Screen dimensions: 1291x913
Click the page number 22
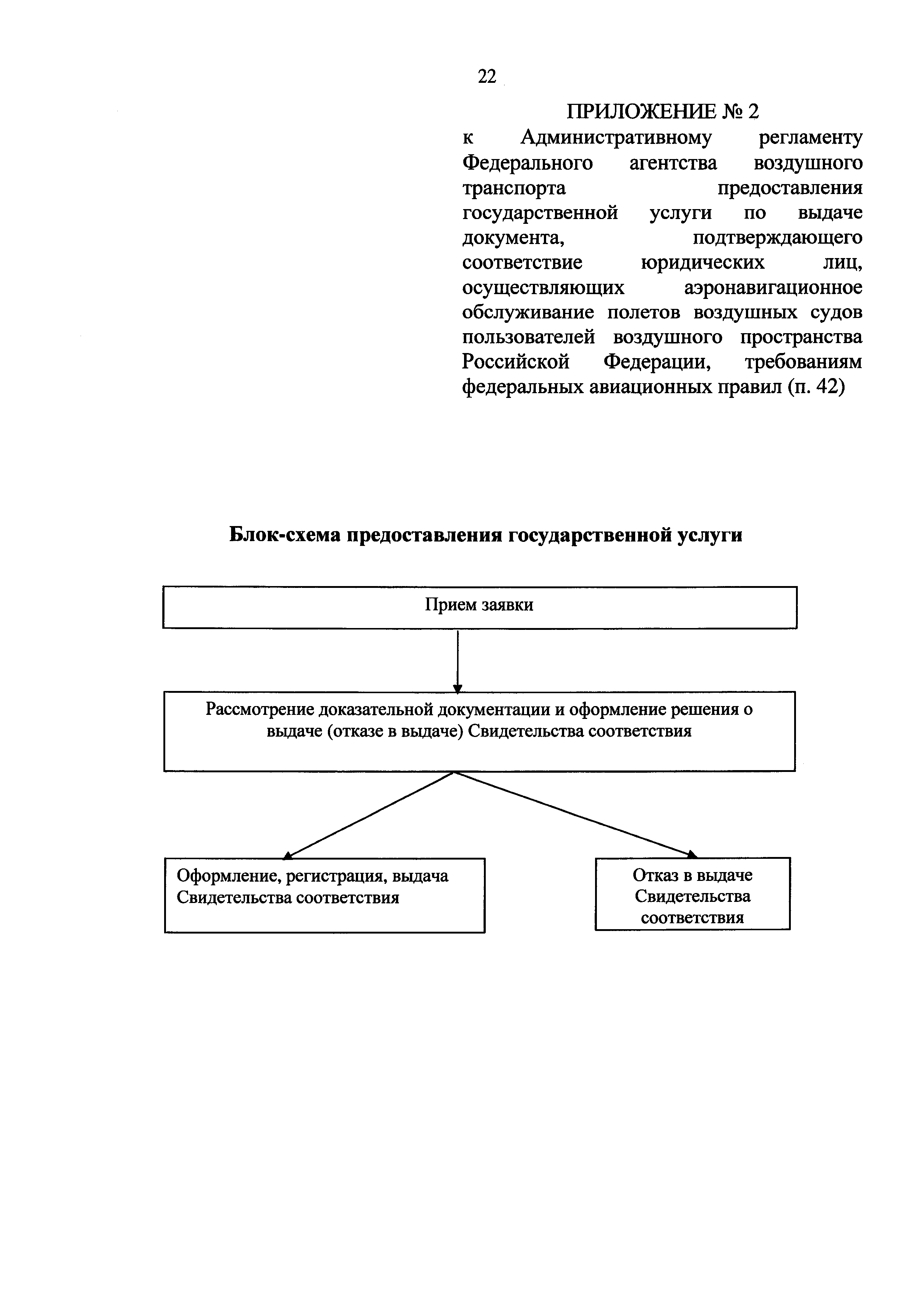click(487, 77)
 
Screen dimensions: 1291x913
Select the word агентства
click(673, 162)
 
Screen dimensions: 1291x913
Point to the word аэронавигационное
click(773, 288)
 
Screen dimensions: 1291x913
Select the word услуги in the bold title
click(709, 535)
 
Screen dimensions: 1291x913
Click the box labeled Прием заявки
click(479, 607)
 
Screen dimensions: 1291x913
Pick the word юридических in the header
click(703, 262)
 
